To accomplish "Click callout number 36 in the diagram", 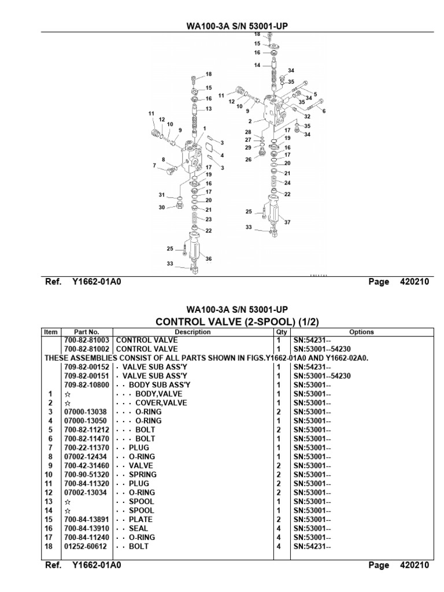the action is [x=209, y=258].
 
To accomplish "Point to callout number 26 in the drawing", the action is [x=248, y=160].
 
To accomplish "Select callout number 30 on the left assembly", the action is [x=162, y=207].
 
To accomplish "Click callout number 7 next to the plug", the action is [x=154, y=166].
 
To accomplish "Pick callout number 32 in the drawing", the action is [x=308, y=116].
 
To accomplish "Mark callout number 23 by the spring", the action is [x=209, y=219].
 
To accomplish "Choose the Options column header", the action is [x=361, y=332].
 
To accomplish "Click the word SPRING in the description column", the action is [x=141, y=474].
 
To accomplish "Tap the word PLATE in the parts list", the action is [x=140, y=519].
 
